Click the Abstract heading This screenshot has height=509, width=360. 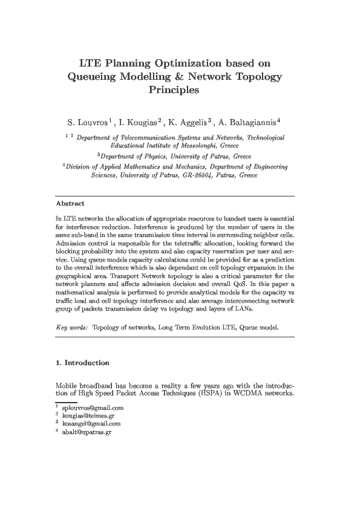70,204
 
